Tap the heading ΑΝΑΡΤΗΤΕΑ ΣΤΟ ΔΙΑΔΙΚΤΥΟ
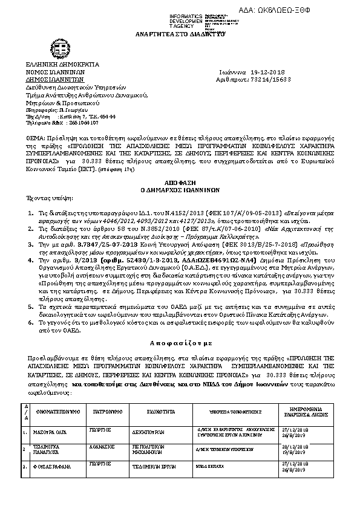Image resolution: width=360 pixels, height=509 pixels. point(179,36)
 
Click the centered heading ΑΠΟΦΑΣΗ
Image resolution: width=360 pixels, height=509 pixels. point(179,181)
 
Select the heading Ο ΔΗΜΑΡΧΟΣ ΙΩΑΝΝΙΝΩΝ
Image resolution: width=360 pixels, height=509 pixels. point(179,189)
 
